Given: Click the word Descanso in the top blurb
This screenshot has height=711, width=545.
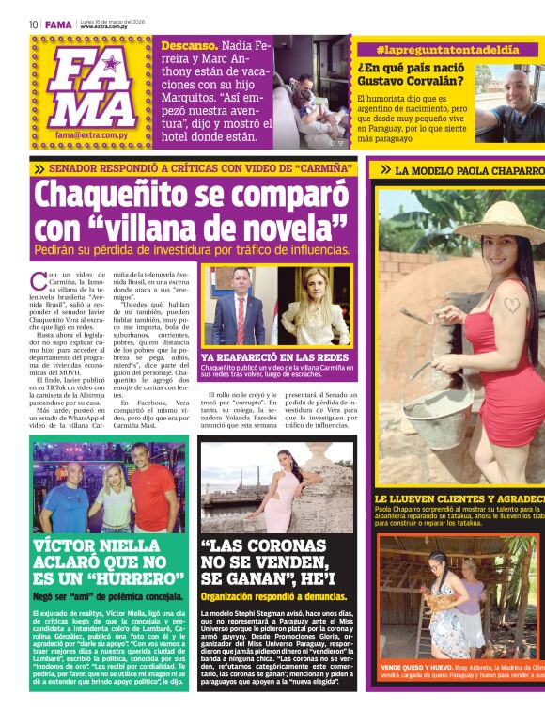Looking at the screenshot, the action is (x=189, y=44).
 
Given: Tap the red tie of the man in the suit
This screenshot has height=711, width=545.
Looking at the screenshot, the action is (x=241, y=317).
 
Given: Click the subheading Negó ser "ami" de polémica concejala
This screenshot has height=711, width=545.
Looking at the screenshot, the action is (x=108, y=596).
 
